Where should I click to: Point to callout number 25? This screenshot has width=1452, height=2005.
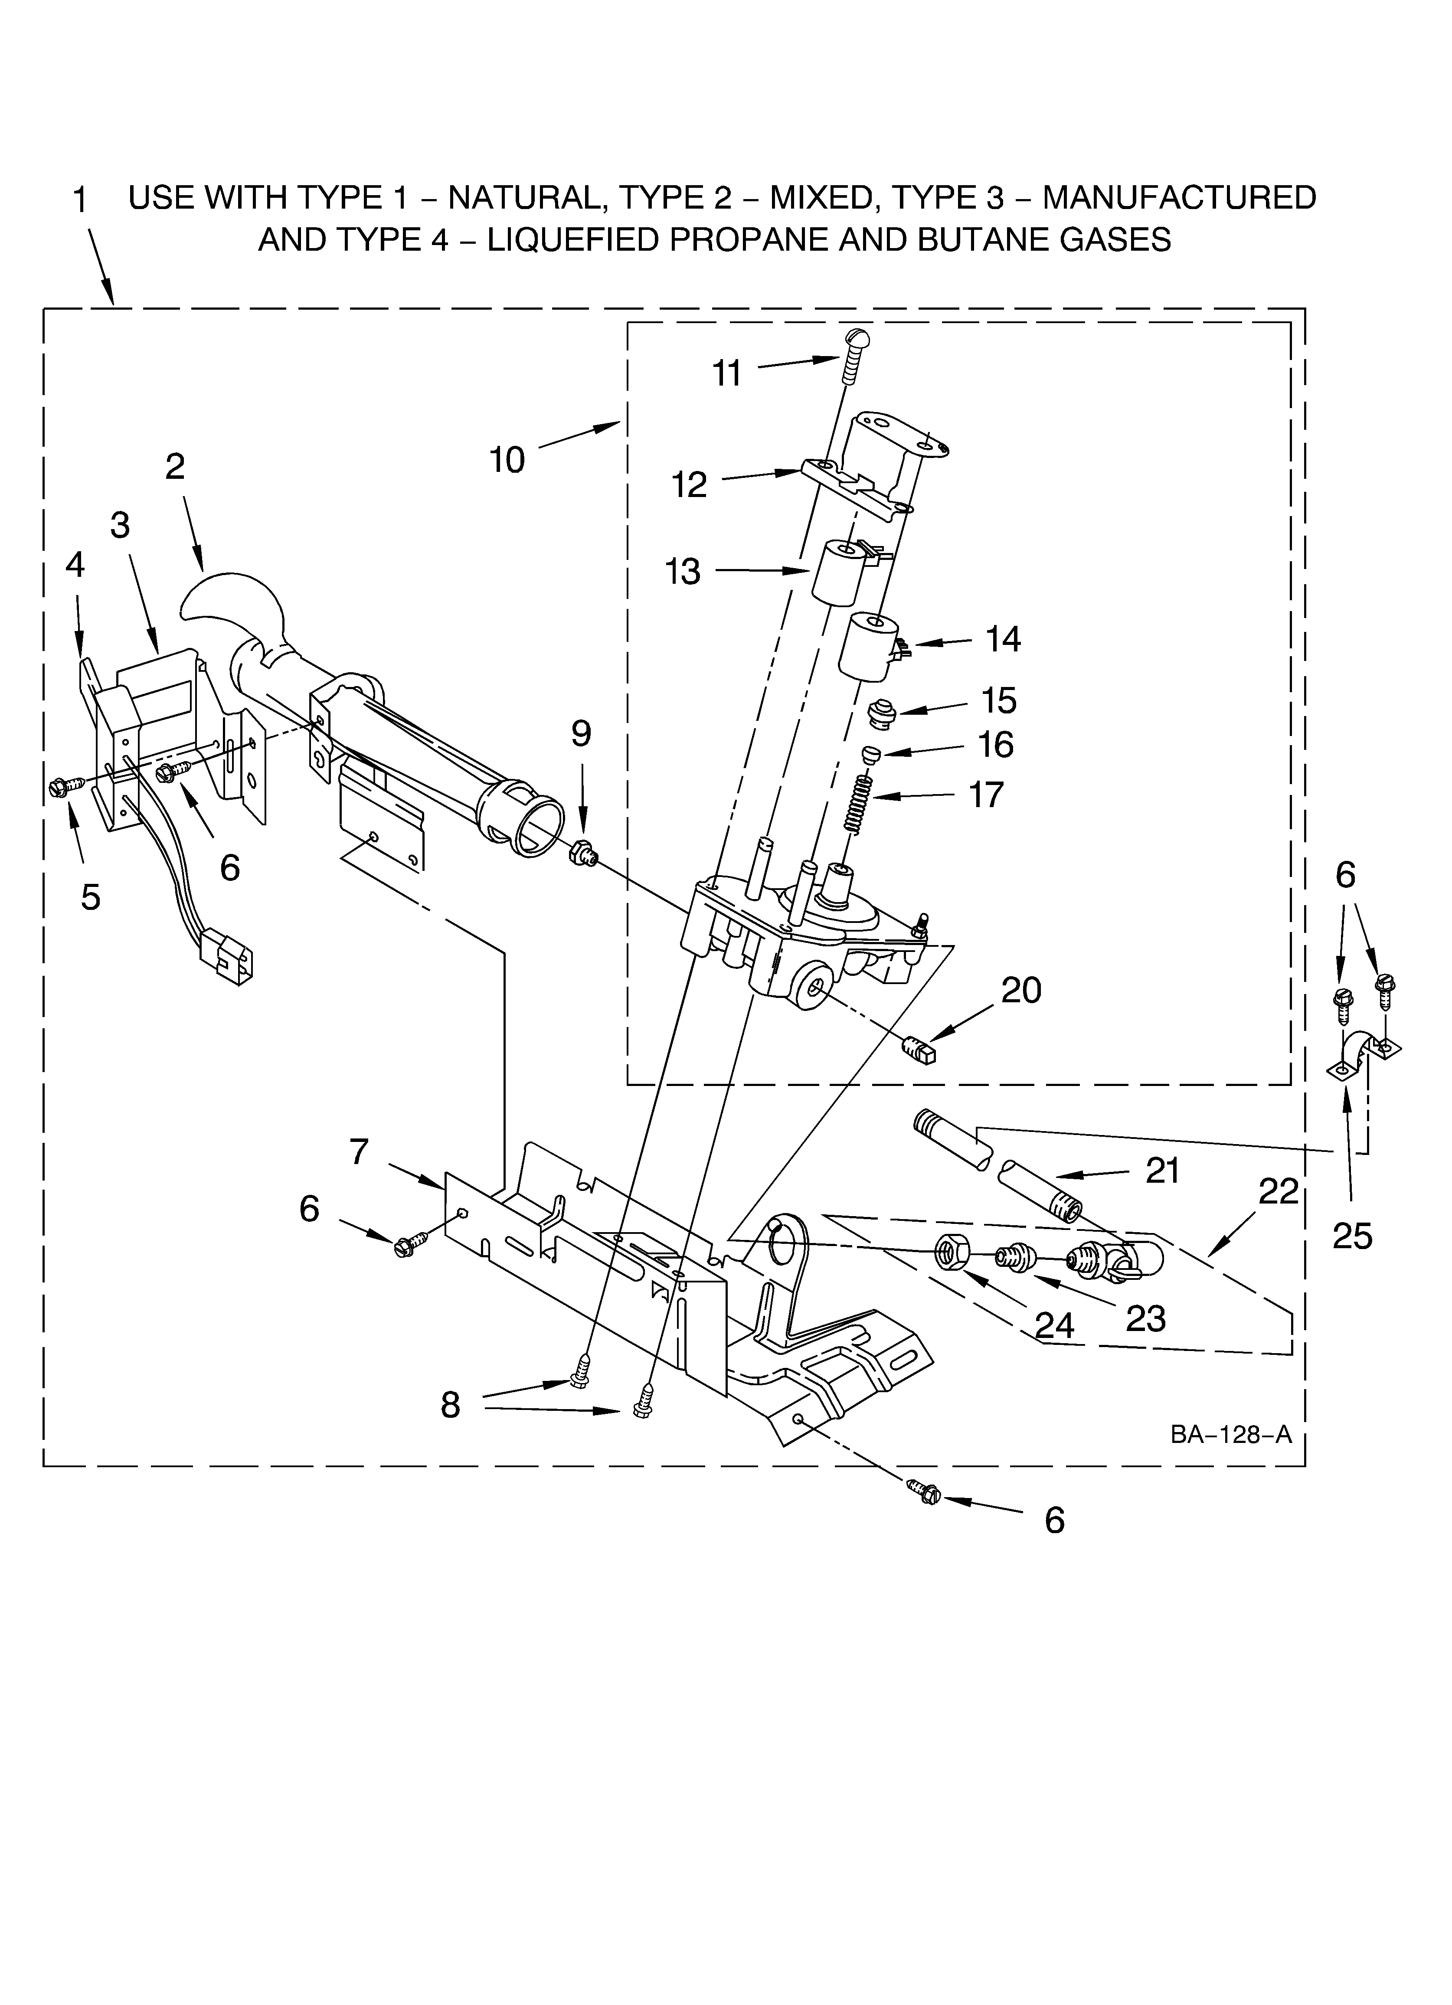tap(1352, 1236)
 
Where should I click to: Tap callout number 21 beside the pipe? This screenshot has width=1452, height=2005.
tap(1163, 1171)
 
